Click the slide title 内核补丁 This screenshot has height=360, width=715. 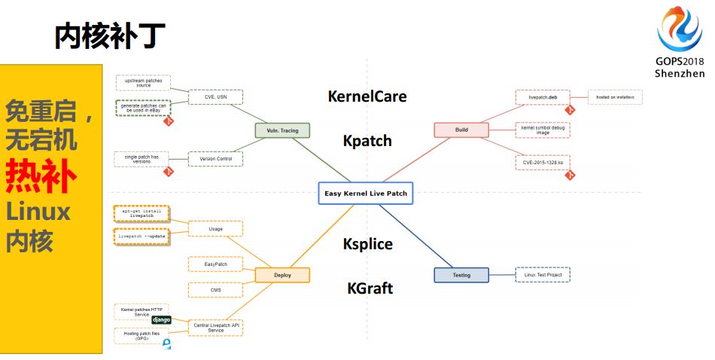(x=110, y=35)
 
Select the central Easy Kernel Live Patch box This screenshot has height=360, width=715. (x=366, y=194)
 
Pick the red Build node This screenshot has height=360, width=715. (x=461, y=130)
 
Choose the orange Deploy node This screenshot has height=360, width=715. (x=282, y=276)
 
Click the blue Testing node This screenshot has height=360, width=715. (x=461, y=275)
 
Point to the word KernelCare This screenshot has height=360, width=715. (x=367, y=96)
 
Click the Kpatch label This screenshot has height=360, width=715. (x=367, y=141)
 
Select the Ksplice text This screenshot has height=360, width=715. (x=368, y=244)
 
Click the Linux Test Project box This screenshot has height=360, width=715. (x=543, y=274)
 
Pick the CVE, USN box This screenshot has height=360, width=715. (x=215, y=97)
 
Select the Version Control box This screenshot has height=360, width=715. (x=215, y=159)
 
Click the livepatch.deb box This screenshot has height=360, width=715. (x=542, y=97)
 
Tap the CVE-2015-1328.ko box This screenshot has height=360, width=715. (x=542, y=162)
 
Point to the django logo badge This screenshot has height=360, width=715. (x=162, y=320)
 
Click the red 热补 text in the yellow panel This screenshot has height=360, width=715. (x=41, y=177)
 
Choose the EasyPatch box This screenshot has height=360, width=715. (x=215, y=264)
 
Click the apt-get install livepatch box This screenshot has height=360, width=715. (x=141, y=213)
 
